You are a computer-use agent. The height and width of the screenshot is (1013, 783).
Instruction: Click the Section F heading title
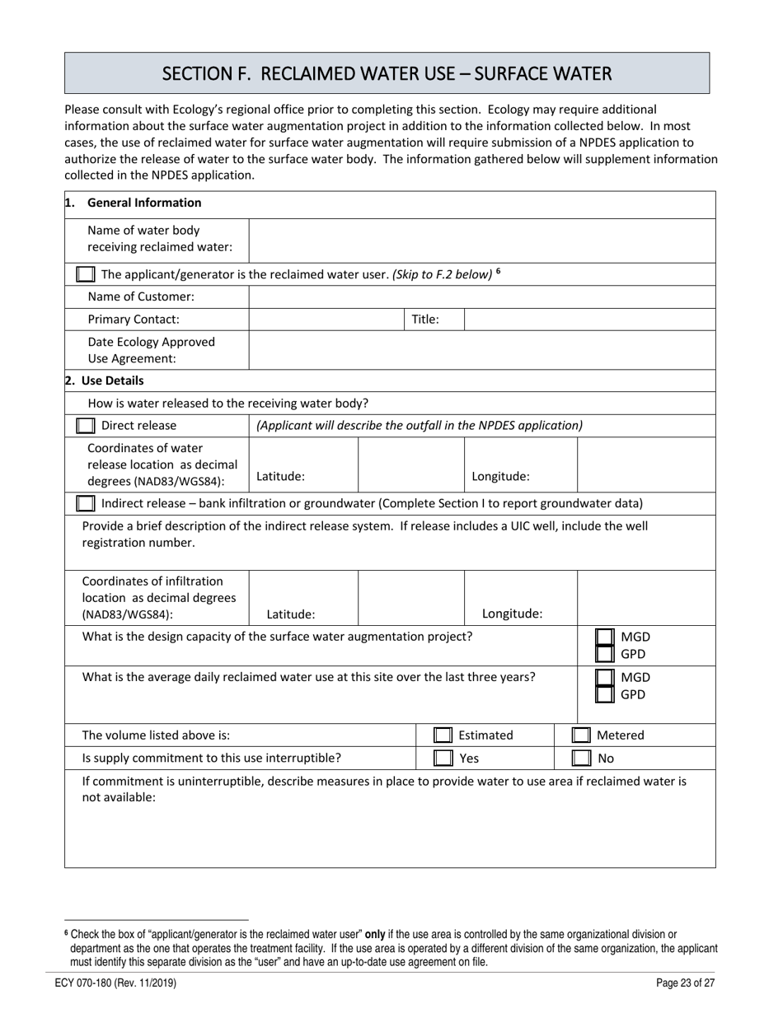[x=387, y=74]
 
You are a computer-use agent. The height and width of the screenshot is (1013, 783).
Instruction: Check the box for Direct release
[x=85, y=426]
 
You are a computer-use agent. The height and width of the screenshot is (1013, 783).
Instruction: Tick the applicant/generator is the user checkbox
[x=85, y=274]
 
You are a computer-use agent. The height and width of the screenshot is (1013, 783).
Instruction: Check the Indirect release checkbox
[x=85, y=503]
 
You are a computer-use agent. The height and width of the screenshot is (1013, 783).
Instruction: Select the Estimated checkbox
[x=443, y=735]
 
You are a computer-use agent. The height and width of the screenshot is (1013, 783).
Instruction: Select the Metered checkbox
[x=581, y=735]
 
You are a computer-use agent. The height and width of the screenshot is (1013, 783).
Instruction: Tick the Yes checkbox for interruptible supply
[x=443, y=758]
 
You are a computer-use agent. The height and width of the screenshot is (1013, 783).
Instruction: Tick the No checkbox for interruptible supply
[x=581, y=758]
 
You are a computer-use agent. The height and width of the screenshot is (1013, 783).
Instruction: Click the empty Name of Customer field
[x=481, y=297]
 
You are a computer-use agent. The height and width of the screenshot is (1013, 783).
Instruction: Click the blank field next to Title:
[x=588, y=320]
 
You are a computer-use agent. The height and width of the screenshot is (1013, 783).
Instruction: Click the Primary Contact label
[x=134, y=320]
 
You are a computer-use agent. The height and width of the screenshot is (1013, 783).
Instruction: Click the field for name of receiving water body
[x=481, y=240]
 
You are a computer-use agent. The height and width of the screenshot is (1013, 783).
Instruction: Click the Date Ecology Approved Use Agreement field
[x=481, y=350]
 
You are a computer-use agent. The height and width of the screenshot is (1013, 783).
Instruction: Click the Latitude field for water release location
[x=411, y=465]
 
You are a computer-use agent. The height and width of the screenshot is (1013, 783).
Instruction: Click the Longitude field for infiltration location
[x=646, y=597]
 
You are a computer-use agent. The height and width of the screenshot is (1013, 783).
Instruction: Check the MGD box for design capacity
[x=605, y=637]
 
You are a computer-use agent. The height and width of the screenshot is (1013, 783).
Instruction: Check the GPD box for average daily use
[x=605, y=694]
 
